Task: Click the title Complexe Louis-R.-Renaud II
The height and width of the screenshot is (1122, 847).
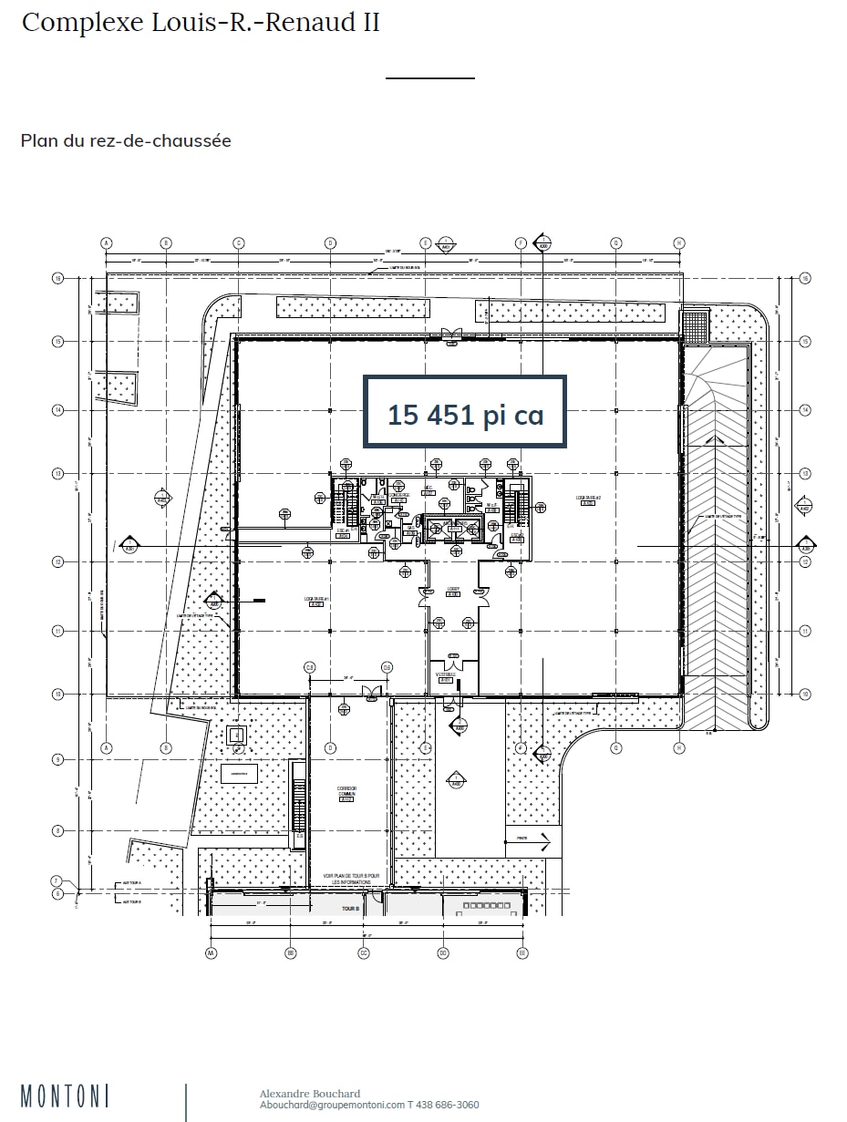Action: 201,23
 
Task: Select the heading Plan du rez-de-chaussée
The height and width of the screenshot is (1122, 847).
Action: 126,140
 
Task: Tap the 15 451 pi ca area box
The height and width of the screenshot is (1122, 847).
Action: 465,413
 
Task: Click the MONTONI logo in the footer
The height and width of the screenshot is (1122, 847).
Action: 65,1096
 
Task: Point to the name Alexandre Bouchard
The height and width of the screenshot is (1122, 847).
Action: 310,1094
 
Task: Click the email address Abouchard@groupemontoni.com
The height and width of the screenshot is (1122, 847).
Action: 332,1105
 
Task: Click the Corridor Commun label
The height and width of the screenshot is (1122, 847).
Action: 346,793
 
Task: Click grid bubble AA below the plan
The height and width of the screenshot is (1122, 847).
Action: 211,952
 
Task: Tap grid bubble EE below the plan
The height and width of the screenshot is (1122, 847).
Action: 522,952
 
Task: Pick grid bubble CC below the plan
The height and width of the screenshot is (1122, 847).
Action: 364,952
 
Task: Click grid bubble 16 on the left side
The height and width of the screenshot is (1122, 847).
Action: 57,278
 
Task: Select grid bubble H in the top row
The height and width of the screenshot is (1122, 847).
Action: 679,242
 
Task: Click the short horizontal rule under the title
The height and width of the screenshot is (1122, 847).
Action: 430,78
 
